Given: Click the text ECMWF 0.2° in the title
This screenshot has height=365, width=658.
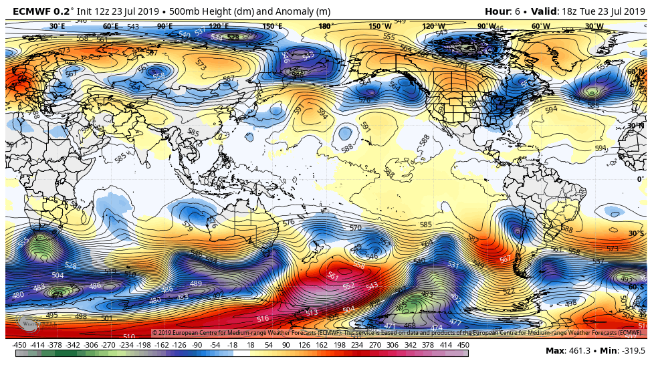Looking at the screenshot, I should pyautogui.click(x=41, y=11).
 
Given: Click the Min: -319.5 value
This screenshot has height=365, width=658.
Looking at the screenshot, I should pyautogui.click(x=625, y=351).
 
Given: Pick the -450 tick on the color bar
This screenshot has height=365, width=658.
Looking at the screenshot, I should pyautogui.click(x=19, y=345).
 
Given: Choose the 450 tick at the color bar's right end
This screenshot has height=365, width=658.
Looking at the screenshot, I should pyautogui.click(x=463, y=345).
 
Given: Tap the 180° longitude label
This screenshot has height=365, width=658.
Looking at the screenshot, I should pyautogui.click(x=326, y=27).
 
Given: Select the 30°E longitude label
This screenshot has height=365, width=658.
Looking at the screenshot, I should pyautogui.click(x=58, y=27).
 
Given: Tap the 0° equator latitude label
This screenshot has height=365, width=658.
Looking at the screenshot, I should pyautogui.click(x=640, y=179).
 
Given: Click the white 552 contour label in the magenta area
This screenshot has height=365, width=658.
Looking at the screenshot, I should pyautogui.click(x=348, y=285).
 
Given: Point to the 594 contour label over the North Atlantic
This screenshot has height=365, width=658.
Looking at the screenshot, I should pyautogui.click(x=551, y=110).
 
